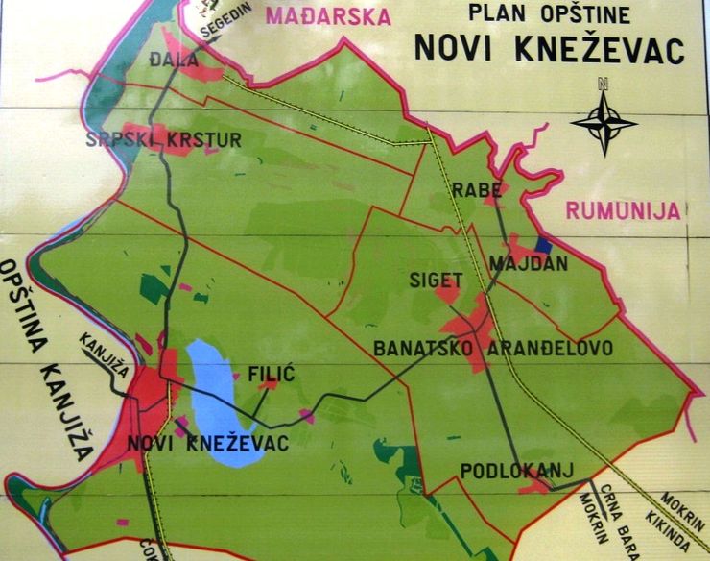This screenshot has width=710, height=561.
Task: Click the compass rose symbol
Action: point(603,121)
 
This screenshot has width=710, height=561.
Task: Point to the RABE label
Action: point(478,190)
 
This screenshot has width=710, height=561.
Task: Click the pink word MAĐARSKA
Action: point(329,17)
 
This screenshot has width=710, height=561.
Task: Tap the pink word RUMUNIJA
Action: point(622,210)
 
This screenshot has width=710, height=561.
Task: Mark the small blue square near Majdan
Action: point(544,245)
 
